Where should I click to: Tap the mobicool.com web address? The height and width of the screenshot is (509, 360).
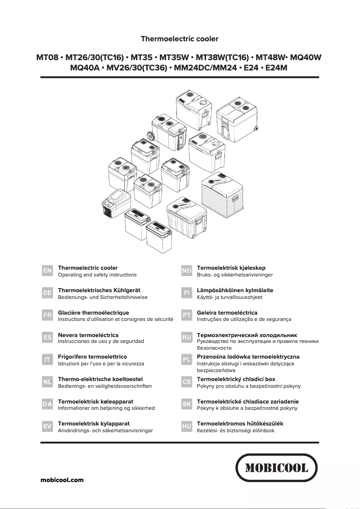pyautogui.click(x=62, y=480)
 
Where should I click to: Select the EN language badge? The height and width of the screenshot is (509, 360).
pyautogui.click(x=47, y=271)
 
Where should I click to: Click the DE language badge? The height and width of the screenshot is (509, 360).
pyautogui.click(x=47, y=293)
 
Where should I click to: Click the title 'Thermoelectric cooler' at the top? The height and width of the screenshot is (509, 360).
pyautogui.click(x=180, y=39)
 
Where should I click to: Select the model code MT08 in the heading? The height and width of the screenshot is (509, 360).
pyautogui.click(x=48, y=58)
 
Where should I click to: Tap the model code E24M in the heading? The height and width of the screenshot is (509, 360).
pyautogui.click(x=276, y=68)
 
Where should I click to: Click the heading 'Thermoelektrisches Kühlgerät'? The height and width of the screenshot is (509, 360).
pyautogui.click(x=99, y=290)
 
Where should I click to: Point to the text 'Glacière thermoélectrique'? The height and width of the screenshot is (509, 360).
pyautogui.click(x=93, y=312)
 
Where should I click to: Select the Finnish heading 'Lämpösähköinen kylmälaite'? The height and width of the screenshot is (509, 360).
pyautogui.click(x=235, y=290)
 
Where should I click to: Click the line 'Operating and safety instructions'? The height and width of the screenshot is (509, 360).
pyautogui.click(x=97, y=275)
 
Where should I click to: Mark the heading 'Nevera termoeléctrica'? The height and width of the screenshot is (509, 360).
pyautogui.click(x=88, y=335)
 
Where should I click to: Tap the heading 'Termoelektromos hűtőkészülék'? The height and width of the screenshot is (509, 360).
pyautogui.click(x=240, y=423)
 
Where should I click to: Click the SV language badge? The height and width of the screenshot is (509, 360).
pyautogui.click(x=47, y=426)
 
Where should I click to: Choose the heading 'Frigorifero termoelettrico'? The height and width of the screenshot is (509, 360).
pyautogui.click(x=92, y=357)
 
